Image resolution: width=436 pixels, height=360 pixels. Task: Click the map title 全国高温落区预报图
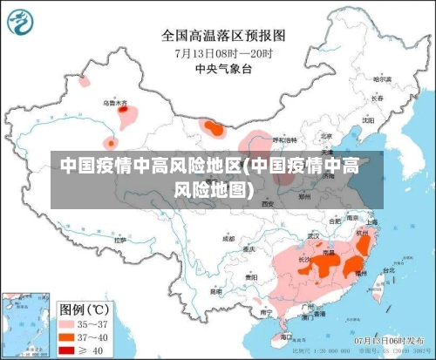click(223, 36)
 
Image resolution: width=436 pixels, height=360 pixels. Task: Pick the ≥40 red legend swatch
click(66, 349)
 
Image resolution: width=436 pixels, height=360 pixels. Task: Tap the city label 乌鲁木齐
click(115, 103)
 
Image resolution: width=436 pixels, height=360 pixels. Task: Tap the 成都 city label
click(228, 237)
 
